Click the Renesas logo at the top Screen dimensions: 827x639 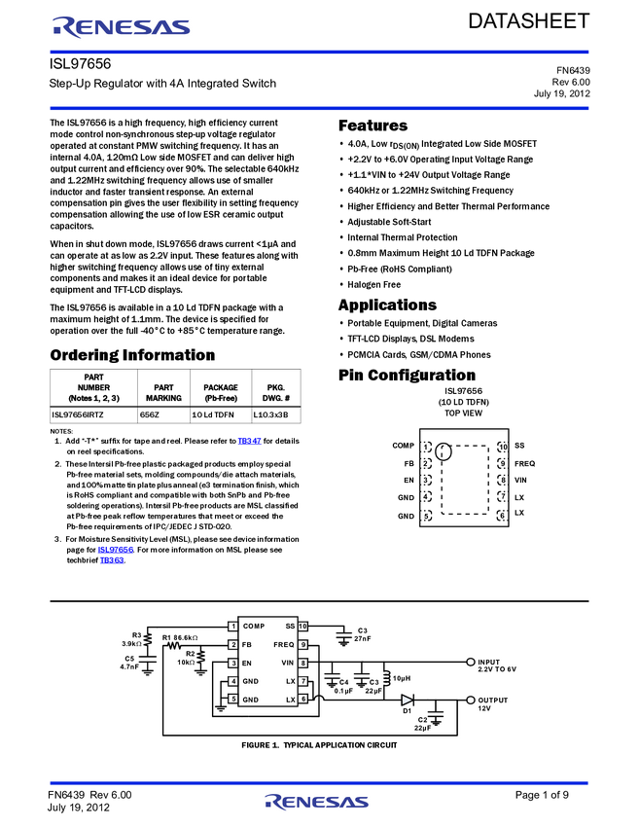122,27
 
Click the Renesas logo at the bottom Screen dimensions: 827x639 317,802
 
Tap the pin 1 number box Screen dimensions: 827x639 233,627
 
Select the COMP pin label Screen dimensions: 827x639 254,627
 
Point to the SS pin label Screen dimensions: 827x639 290,627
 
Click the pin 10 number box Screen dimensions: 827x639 302,627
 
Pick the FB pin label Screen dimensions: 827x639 247,645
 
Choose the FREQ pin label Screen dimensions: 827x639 284,645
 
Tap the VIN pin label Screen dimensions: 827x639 288,663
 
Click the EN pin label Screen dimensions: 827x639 247,663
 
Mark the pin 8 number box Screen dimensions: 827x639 302,663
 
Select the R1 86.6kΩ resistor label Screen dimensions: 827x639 179,637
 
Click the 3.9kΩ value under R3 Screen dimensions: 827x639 131,643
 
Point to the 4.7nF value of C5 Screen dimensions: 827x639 129,666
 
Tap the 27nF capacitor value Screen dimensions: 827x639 363,638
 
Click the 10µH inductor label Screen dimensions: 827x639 402,678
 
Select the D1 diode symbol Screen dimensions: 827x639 407,700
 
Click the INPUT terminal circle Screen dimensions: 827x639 471,662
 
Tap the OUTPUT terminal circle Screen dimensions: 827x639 471,700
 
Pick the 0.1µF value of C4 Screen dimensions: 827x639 343,691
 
